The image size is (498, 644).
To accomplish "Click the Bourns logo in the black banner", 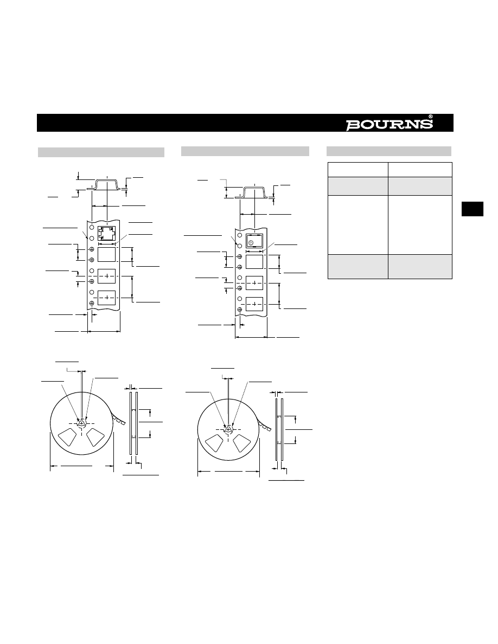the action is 389,125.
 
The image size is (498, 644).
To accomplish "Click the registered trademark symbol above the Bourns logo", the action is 430,117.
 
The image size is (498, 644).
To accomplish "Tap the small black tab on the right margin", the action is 472,209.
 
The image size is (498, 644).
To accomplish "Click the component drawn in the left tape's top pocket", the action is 106,234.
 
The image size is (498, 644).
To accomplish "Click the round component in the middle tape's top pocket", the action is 251,243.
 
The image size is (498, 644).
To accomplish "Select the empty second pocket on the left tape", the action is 106,254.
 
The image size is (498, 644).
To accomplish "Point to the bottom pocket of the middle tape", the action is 254,304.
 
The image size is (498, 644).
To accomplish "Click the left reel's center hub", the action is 82,423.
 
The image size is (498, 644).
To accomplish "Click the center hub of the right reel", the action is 229,430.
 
